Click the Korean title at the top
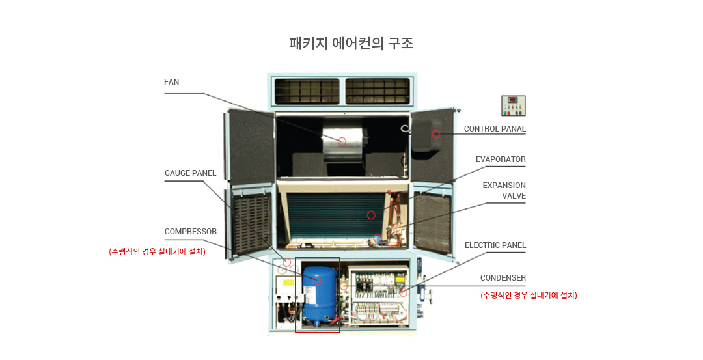[x=351, y=44]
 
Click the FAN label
[x=171, y=82]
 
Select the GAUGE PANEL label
[x=190, y=173]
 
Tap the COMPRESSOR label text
[x=191, y=232]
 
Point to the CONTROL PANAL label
[x=495, y=129]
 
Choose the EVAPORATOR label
[x=501, y=159]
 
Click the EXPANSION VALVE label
[x=504, y=191]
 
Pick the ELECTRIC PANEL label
[x=495, y=245]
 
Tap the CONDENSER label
[x=503, y=278]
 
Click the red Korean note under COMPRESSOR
[x=157, y=252]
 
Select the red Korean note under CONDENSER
[x=529, y=295]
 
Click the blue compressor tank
[x=319, y=294]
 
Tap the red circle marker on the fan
[x=342, y=142]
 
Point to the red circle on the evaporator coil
[x=371, y=215]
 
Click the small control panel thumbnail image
[x=514, y=106]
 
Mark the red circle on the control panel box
[x=435, y=134]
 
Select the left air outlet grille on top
[x=307, y=91]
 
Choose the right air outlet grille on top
[x=378, y=91]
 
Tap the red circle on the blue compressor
[x=318, y=281]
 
